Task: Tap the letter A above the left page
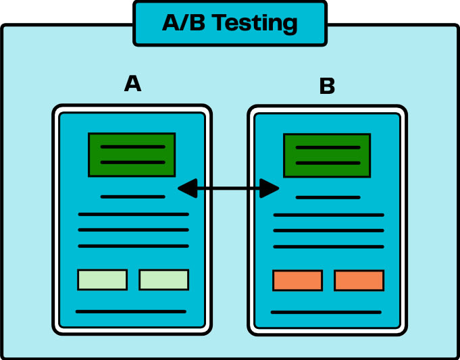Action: (133, 84)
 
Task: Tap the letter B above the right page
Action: (327, 86)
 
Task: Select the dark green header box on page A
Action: (132, 155)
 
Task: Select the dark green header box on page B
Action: (327, 155)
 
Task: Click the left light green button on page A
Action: (102, 280)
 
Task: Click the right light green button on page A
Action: (163, 280)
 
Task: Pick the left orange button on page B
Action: (297, 280)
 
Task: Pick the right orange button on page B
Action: (359, 280)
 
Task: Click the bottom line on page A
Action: (131, 312)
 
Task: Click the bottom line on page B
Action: (326, 313)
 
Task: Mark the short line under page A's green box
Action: (132, 197)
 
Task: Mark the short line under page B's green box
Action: (328, 198)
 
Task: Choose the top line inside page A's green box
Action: (132, 147)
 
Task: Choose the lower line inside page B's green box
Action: (328, 163)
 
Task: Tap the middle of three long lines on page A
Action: (133, 230)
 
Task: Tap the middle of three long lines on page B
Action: (328, 231)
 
